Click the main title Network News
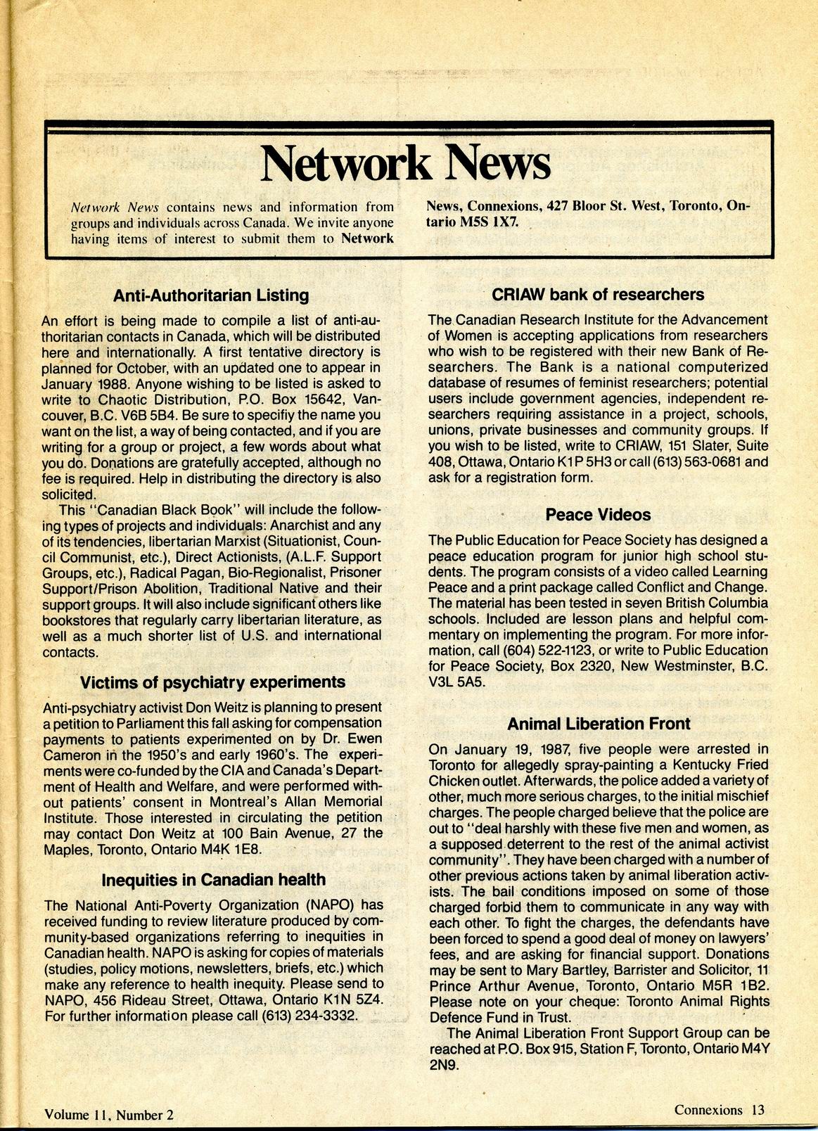pos(405,163)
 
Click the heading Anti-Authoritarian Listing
pos(211,295)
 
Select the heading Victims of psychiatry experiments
pos(212,682)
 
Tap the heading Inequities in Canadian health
pos(214,880)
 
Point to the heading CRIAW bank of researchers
pos(598,295)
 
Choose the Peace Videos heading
pos(598,515)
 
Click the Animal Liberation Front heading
pos(599,724)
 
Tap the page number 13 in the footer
pos(757,1110)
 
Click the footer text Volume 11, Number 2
pos(108,1114)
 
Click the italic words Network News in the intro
pos(115,207)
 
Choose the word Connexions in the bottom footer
pos(708,1110)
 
